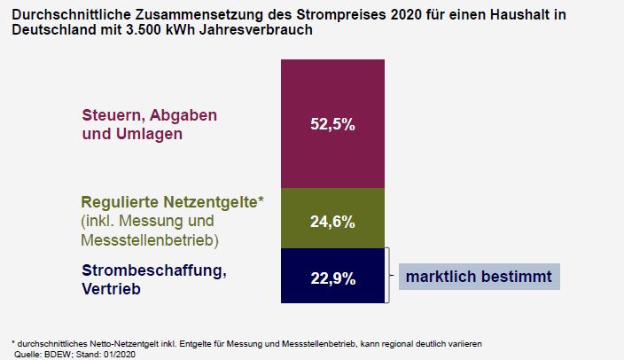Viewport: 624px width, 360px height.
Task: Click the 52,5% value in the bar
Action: pyautogui.click(x=332, y=125)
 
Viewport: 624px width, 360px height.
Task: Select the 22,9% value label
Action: pyautogui.click(x=332, y=278)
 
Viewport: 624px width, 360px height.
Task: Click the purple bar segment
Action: pyautogui.click(x=332, y=89)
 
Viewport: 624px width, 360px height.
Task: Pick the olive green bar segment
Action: pyautogui.click(x=332, y=204)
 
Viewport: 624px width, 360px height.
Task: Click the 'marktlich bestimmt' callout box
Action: pyautogui.click(x=479, y=276)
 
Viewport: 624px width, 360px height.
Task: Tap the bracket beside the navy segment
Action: pyautogui.click(x=388, y=276)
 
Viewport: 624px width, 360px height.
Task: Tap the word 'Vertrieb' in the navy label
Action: pyautogui.click(x=108, y=289)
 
